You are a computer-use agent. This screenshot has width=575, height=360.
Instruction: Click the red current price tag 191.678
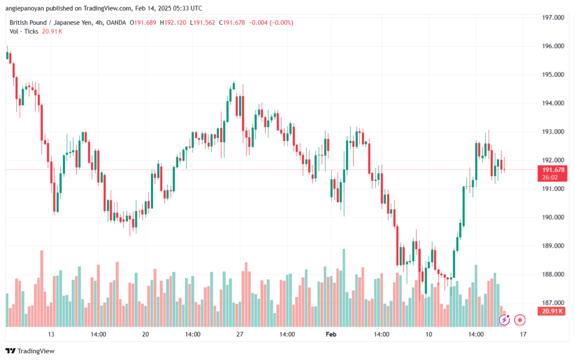pyautogui.click(x=551, y=170)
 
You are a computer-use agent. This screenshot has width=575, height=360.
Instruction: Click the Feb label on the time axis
pyautogui.click(x=332, y=334)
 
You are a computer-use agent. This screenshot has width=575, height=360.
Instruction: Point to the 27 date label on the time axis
pyautogui.click(x=240, y=334)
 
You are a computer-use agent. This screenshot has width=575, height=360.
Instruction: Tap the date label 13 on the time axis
pyautogui.click(x=51, y=334)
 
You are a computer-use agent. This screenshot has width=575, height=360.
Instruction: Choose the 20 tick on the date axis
pyautogui.click(x=145, y=334)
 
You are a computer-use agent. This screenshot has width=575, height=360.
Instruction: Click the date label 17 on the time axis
pyautogui.click(x=523, y=334)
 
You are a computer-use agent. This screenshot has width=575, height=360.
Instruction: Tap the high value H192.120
pyautogui.click(x=174, y=22)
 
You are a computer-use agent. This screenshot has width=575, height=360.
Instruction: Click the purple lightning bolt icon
pyautogui.click(x=504, y=320)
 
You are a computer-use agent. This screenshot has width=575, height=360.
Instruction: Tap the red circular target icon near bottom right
pyautogui.click(x=520, y=320)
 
